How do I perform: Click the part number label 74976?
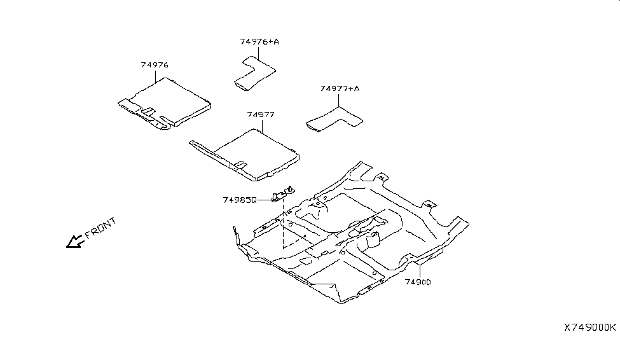click(x=155, y=65)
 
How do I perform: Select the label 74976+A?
click(x=259, y=41)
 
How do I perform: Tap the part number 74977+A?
click(x=340, y=88)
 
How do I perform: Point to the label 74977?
click(x=261, y=114)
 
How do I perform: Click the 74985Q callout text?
click(x=240, y=200)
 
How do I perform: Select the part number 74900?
click(x=418, y=282)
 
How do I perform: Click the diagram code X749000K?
click(x=590, y=328)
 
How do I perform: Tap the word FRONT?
click(x=101, y=228)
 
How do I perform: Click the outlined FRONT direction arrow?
click(x=74, y=241)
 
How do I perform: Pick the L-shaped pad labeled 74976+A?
click(x=254, y=73)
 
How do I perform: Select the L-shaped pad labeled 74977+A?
click(x=334, y=120)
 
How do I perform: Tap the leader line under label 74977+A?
click(x=339, y=100)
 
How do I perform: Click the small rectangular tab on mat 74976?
click(x=148, y=111)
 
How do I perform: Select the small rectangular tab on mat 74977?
click(x=240, y=163)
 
